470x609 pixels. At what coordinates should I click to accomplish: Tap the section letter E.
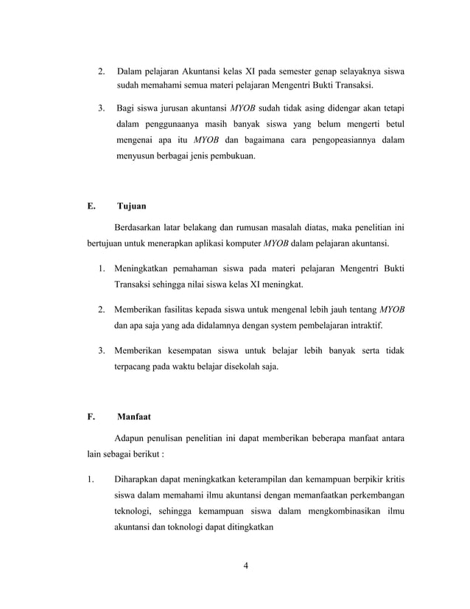(90, 207)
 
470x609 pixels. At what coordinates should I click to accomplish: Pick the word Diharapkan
(142, 483)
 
